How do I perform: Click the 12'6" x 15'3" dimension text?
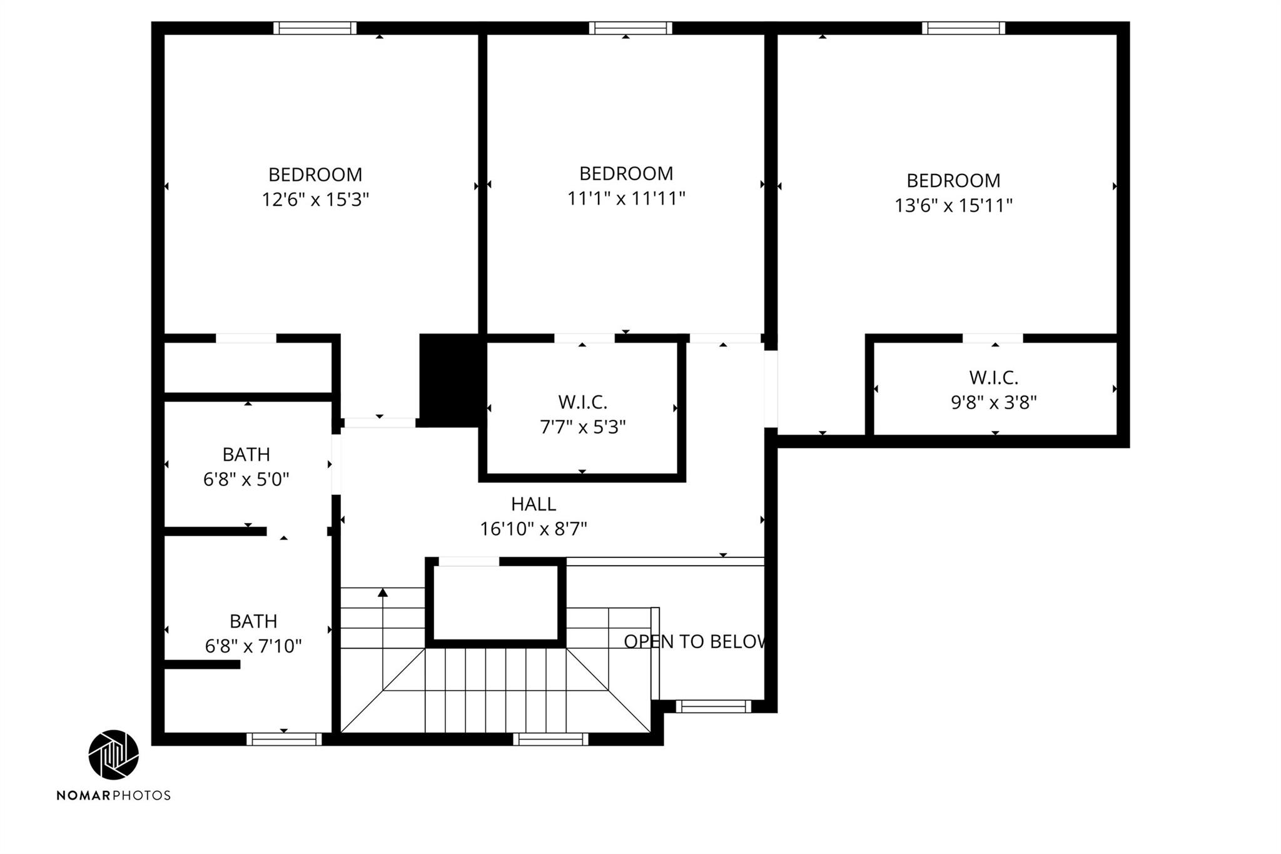click(x=315, y=200)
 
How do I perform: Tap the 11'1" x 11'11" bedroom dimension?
click(x=626, y=198)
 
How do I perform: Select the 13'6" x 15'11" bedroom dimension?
click(x=953, y=205)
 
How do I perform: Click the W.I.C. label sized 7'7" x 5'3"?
click(x=582, y=402)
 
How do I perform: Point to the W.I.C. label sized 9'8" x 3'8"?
click(x=993, y=378)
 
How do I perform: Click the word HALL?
click(x=533, y=504)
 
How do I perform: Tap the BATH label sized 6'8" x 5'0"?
click(x=246, y=454)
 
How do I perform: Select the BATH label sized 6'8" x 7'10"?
click(x=253, y=621)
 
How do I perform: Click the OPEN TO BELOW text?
click(x=695, y=641)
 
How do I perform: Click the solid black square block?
click(x=449, y=380)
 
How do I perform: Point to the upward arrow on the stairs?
click(x=383, y=592)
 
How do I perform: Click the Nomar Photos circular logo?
click(x=113, y=755)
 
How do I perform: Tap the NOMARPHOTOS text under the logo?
click(x=113, y=795)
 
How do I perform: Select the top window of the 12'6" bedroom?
click(x=315, y=28)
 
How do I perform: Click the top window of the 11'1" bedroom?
click(x=630, y=28)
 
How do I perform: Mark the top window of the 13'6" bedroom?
click(x=963, y=28)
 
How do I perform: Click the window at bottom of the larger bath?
click(x=284, y=739)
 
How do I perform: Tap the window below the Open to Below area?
click(x=713, y=706)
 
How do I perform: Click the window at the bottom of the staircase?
click(x=550, y=739)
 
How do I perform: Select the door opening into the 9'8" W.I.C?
click(x=993, y=338)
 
